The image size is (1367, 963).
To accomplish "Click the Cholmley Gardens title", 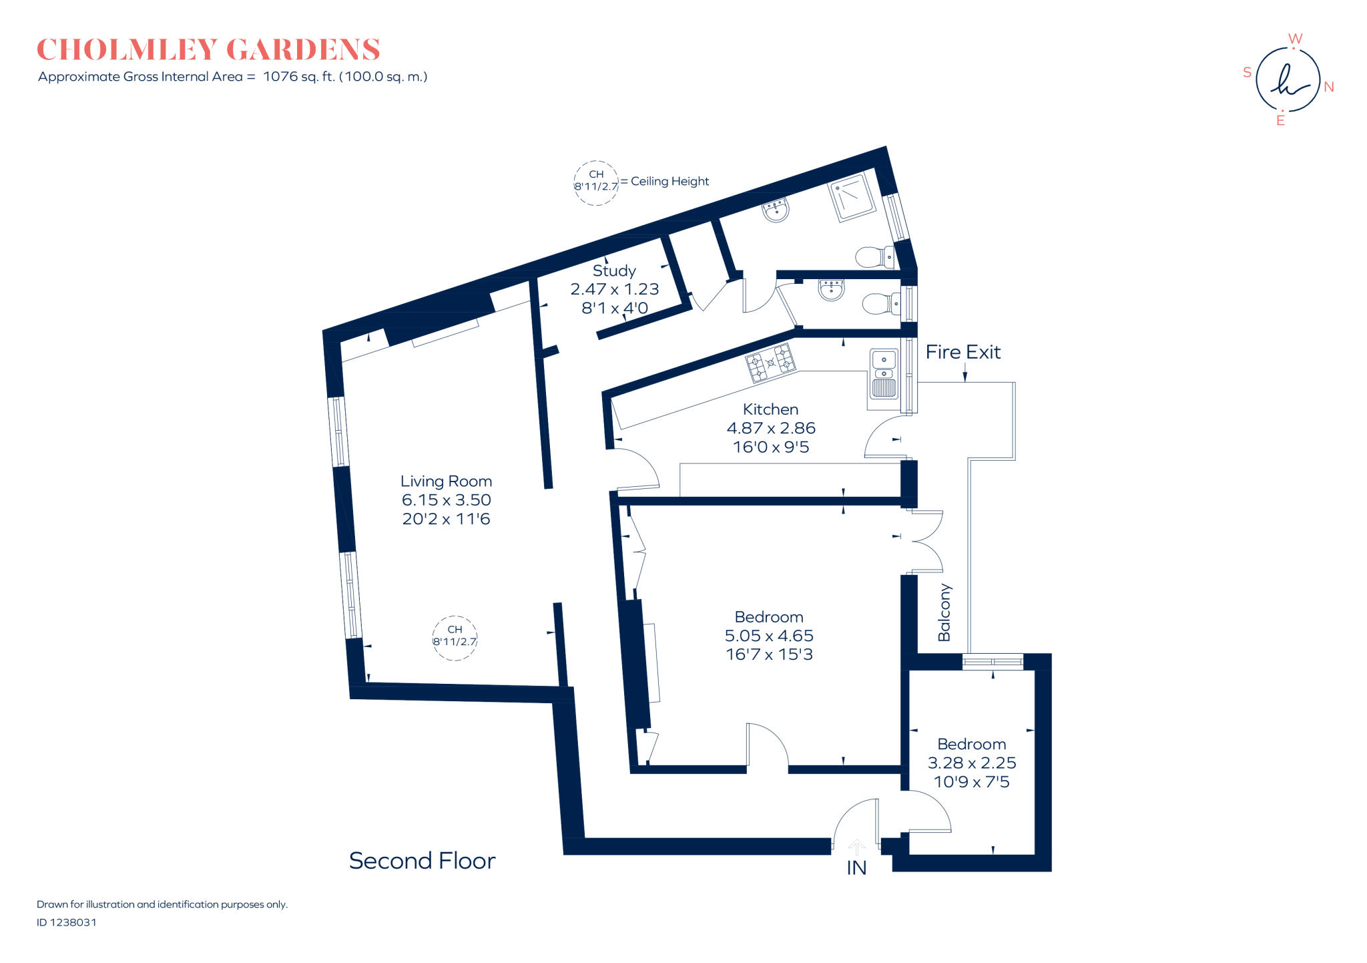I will pyautogui.click(x=208, y=50).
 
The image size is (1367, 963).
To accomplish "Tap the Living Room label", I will pyautogui.click(x=446, y=481).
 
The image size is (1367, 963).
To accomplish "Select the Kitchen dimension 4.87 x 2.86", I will pyautogui.click(x=771, y=428).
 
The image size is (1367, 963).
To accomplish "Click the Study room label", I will pyautogui.click(x=614, y=270).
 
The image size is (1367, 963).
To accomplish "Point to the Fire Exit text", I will pyautogui.click(x=963, y=352).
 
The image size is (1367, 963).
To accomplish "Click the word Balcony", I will pyautogui.click(x=944, y=612).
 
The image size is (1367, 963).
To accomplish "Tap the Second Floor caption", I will pyautogui.click(x=422, y=861).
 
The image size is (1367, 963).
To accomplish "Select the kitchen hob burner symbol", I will pyautogui.click(x=771, y=363).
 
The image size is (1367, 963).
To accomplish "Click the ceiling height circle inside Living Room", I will pyautogui.click(x=455, y=637).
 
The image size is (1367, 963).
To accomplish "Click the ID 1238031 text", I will pyautogui.click(x=67, y=922).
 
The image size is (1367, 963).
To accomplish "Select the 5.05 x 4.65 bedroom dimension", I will pyautogui.click(x=769, y=636).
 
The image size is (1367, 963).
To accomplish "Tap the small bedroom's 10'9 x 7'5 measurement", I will pyautogui.click(x=971, y=782).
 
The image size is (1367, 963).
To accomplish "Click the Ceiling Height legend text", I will pyautogui.click(x=669, y=181).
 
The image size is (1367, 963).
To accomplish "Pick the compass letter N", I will pyautogui.click(x=1328, y=87).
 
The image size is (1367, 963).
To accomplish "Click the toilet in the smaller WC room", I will pyautogui.click(x=878, y=305).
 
